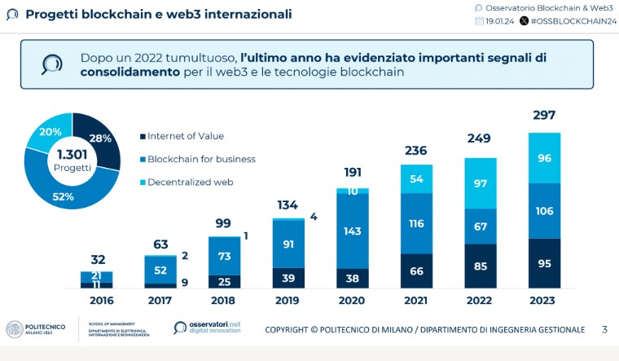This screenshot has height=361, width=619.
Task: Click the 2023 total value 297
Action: point(544,115)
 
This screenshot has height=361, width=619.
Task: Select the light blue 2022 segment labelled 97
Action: point(481,183)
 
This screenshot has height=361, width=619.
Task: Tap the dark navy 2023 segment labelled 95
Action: point(544,263)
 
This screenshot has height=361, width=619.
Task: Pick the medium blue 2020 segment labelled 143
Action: point(353,231)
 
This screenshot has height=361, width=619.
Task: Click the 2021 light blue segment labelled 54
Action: point(416,178)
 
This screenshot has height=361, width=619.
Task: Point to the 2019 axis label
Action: point(288,300)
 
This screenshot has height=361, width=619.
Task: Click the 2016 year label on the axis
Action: point(97,300)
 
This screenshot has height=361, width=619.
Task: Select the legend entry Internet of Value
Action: point(185,136)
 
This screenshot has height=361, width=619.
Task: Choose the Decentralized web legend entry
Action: point(190,182)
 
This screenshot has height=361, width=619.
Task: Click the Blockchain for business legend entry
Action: point(200,159)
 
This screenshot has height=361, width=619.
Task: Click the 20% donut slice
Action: point(50,132)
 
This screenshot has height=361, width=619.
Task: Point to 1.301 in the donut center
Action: point(72,154)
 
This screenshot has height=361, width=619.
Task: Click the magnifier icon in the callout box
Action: point(52,64)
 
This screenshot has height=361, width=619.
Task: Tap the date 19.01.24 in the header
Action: point(500,21)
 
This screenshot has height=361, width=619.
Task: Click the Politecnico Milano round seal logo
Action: point(15,328)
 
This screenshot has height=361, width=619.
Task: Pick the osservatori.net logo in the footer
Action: point(208,328)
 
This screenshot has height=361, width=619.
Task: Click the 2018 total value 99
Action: point(225,223)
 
